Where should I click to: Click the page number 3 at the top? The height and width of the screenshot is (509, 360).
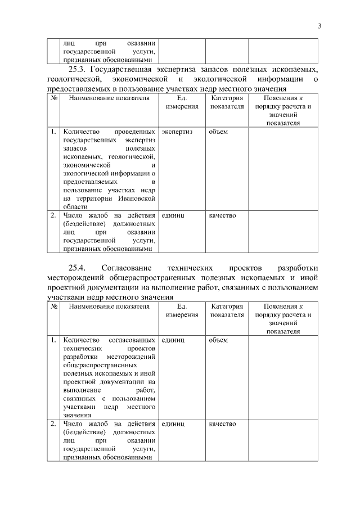click(319, 26)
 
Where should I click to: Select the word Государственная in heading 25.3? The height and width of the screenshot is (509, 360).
click(127, 69)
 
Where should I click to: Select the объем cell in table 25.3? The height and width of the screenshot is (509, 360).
click(218, 132)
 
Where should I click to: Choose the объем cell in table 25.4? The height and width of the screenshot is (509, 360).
click(218, 340)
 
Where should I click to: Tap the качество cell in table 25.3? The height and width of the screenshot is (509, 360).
click(222, 215)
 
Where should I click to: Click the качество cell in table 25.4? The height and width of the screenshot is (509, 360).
click(222, 424)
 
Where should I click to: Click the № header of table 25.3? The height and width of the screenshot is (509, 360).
click(55, 98)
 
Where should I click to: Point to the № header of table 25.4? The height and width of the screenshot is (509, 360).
click(55, 307)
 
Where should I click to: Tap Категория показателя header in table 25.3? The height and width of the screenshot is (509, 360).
click(227, 102)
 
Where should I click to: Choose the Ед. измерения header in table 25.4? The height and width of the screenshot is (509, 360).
click(182, 311)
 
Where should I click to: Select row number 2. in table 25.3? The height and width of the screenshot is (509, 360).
click(53, 215)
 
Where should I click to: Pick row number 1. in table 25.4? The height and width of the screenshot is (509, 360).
click(53, 340)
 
